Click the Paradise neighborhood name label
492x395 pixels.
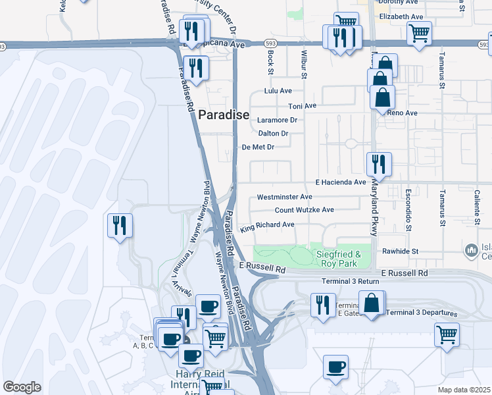[x=224, y=115]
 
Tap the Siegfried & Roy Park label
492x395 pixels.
[x=339, y=259]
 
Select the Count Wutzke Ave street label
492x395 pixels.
[x=304, y=210]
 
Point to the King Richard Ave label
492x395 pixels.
[x=267, y=226]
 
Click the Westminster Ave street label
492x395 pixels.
[x=284, y=197]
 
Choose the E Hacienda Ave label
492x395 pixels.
[x=340, y=182]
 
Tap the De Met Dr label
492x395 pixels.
[x=258, y=147]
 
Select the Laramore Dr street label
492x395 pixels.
[x=277, y=120]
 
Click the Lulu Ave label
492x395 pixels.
[x=277, y=91]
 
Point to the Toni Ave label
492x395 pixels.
[x=303, y=105]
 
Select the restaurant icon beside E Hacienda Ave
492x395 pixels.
[x=379, y=163]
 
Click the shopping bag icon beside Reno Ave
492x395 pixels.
[x=382, y=97]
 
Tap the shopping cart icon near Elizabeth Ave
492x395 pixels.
[x=419, y=32]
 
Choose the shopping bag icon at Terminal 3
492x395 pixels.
[x=372, y=303]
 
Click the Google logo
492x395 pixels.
[x=22, y=387]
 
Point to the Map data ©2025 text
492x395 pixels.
[x=464, y=390]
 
